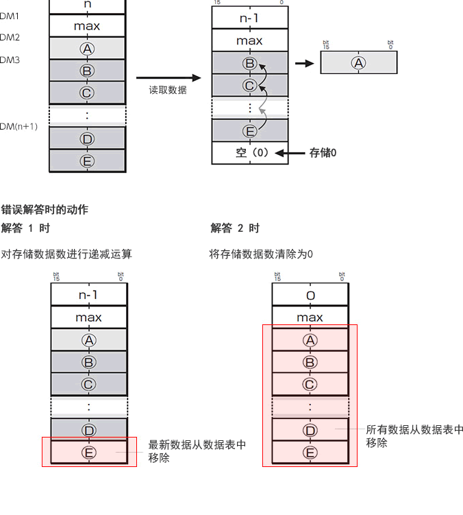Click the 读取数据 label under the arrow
click(x=168, y=90)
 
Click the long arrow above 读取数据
click(x=168, y=78)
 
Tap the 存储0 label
click(x=323, y=153)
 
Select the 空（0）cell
click(x=250, y=153)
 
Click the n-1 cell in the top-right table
click(x=249, y=19)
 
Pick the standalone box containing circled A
click(x=358, y=63)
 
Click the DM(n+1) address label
click(x=18, y=126)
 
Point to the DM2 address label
click(x=10, y=38)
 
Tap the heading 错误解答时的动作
click(x=45, y=210)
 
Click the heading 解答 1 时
click(x=25, y=228)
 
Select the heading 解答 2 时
click(x=235, y=228)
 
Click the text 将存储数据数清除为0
click(x=261, y=254)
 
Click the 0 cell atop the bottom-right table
click(x=310, y=296)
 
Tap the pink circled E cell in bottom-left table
click(x=88, y=453)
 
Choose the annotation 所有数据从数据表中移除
click(x=414, y=436)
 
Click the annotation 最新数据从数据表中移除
click(x=197, y=451)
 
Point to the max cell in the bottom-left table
click(x=88, y=318)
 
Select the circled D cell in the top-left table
click(x=87, y=139)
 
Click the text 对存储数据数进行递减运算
click(x=66, y=254)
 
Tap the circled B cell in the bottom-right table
click(x=310, y=362)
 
